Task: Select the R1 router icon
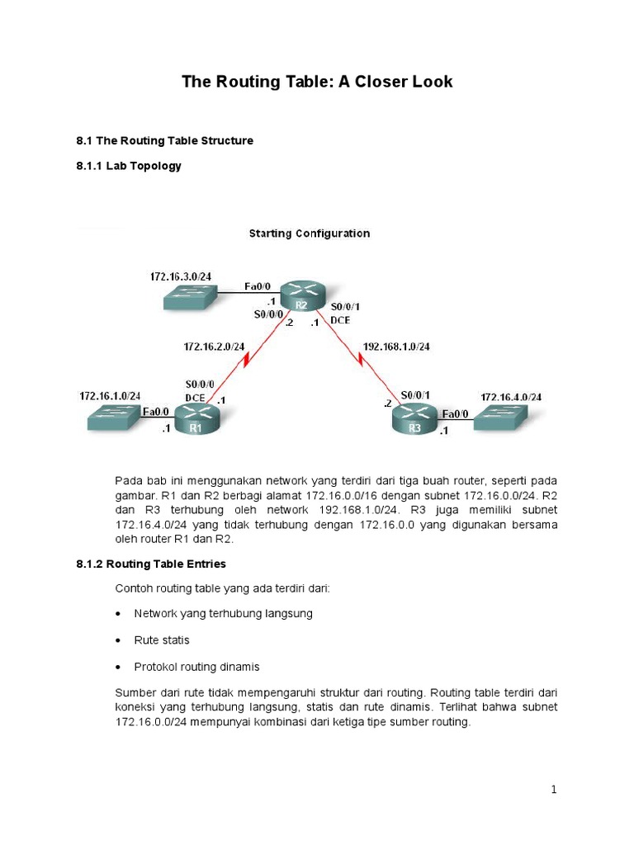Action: pos(196,420)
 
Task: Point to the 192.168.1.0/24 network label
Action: pos(395,347)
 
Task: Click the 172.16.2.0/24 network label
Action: pos(214,347)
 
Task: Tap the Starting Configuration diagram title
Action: pos(310,234)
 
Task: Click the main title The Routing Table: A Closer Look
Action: pos(317,82)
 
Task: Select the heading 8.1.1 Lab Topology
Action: pos(128,166)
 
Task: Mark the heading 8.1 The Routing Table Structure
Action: pos(164,141)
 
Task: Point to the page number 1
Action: pos(554,790)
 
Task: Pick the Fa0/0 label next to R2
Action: pos(257,286)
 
